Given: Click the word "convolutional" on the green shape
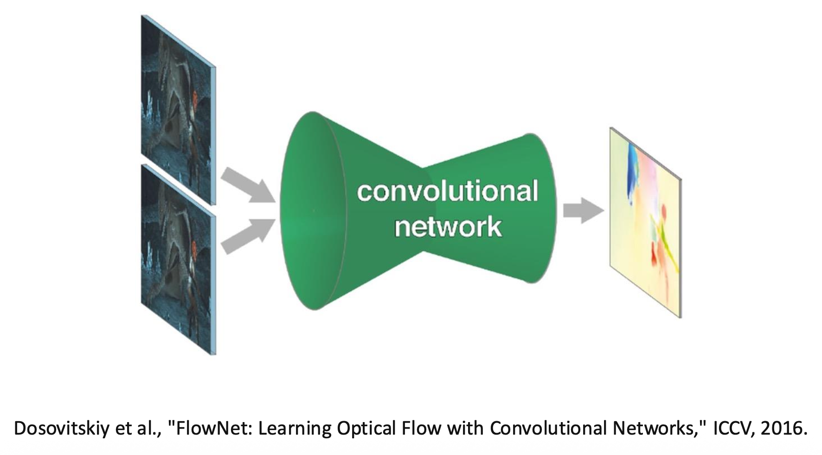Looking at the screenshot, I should click(447, 191).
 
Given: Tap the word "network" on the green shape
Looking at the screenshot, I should click(448, 227).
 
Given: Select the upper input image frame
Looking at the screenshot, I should click(178, 111).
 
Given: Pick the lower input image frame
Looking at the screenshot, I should click(178, 259).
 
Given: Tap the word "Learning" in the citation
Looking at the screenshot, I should click(295, 428).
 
